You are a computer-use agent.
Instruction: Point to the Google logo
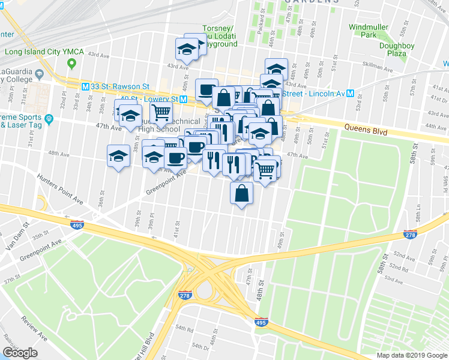click(x=20, y=352)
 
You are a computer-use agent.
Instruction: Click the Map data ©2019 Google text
click(x=412, y=355)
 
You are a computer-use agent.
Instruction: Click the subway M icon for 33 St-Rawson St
click(x=85, y=86)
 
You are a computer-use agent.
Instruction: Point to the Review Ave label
click(x=34, y=328)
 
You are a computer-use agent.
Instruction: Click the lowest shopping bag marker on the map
click(x=241, y=193)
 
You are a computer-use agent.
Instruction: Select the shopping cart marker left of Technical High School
click(x=161, y=112)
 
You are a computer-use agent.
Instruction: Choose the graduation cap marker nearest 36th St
click(x=118, y=156)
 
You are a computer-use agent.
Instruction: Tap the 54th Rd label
click(x=185, y=330)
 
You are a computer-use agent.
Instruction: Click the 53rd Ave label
click(x=394, y=279)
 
